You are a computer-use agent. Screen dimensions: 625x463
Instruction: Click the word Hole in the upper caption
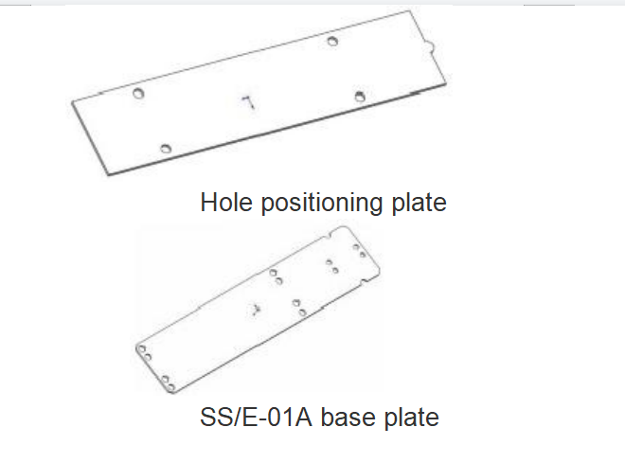point(226,202)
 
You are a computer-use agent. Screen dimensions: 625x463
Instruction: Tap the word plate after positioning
point(419,204)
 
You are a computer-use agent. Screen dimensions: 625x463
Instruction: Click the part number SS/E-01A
point(256,418)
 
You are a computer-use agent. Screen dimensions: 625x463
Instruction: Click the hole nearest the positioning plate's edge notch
point(332,41)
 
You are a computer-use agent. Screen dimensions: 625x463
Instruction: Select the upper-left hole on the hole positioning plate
point(138,93)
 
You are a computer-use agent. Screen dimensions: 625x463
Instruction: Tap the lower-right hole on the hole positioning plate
point(360,96)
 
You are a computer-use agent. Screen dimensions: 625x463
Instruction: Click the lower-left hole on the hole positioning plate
point(166,149)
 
